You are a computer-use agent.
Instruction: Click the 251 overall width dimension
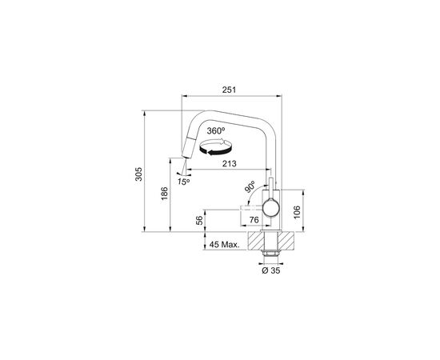[230, 90]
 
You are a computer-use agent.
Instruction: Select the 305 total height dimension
[139, 174]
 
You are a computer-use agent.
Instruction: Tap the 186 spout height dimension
[165, 194]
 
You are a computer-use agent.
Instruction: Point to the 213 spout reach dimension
[230, 163]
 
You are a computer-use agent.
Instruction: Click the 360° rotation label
[216, 130]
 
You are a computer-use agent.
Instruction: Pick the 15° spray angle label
[183, 182]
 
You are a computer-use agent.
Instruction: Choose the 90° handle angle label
[250, 187]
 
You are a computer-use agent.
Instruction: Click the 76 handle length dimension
[254, 220]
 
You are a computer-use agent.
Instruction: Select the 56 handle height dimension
[199, 220]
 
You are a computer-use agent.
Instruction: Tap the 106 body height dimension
[297, 213]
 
